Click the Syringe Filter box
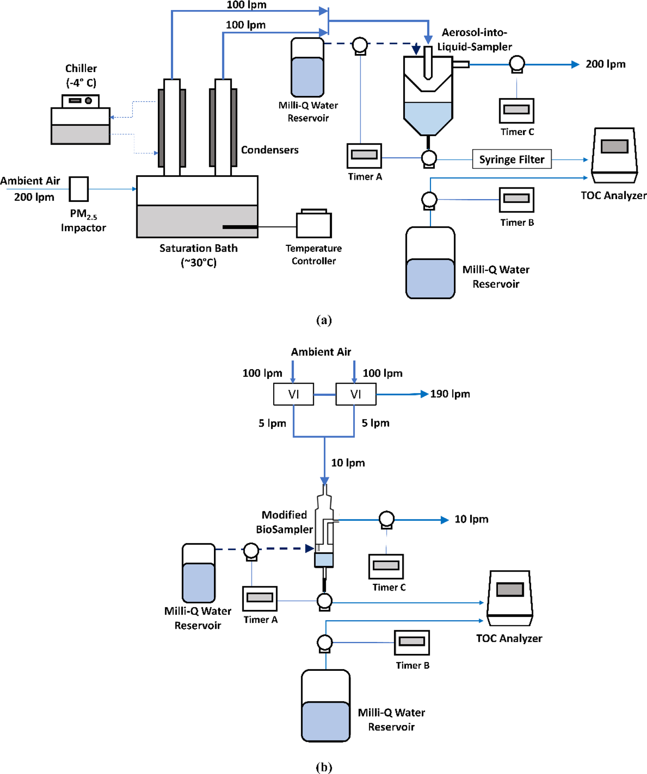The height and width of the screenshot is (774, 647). tap(511, 159)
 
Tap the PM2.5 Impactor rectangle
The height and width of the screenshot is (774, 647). tap(78, 189)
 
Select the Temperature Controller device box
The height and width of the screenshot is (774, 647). tap(314, 224)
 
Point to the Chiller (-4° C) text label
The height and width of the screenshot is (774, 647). tap(81, 75)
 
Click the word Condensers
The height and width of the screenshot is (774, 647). tap(270, 150)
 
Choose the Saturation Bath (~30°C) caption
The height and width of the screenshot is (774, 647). tap(198, 255)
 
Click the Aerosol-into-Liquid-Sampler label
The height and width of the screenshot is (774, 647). tap(474, 40)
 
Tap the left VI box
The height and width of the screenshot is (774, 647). tap(293, 394)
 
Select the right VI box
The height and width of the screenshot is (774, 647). tap(356, 394)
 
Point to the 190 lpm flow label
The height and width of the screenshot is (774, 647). tap(450, 394)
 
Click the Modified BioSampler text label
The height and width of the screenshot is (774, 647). tap(284, 522)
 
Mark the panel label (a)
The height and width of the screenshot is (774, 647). tap(324, 320)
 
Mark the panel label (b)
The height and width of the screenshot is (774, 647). tap(324, 766)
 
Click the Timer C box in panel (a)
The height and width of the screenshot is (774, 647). tap(516, 110)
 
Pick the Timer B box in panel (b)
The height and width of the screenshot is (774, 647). tap(412, 642)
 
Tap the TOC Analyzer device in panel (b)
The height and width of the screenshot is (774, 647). tap(510, 598)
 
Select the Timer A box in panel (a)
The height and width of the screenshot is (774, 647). tap(364, 156)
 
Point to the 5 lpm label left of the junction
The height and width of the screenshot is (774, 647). tap(272, 423)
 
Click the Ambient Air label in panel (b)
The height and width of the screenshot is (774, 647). tap(321, 352)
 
